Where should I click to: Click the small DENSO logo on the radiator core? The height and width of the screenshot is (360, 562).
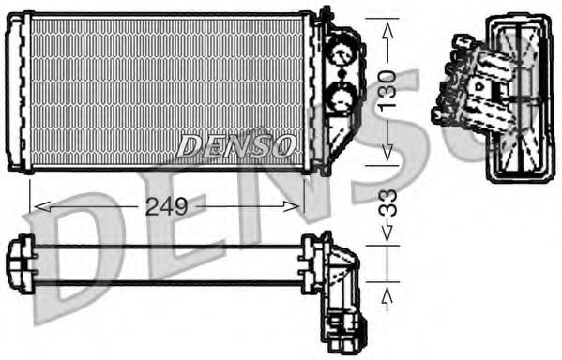coord(236,145)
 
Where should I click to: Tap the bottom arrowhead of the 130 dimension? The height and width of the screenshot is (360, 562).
coord(386,156)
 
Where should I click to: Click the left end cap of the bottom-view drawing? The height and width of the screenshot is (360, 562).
coord(20,264)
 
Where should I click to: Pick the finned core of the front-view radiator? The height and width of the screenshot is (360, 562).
coord(169,89)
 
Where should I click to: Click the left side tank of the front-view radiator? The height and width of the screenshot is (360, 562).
coord(22,91)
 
